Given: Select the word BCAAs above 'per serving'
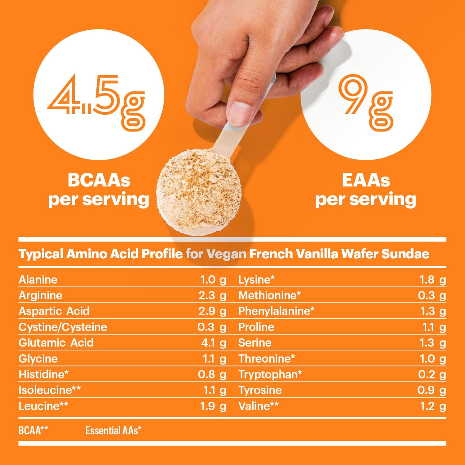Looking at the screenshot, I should [x=99, y=180].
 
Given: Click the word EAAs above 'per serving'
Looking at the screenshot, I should [x=366, y=180].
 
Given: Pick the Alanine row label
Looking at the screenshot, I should [x=38, y=280].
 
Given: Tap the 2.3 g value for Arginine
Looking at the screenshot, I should [x=212, y=295].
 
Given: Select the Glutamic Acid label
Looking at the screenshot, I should [x=56, y=343].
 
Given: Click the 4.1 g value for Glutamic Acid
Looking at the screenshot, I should [x=214, y=343].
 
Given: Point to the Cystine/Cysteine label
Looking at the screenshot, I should [x=63, y=327].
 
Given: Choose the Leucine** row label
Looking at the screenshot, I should [x=43, y=406].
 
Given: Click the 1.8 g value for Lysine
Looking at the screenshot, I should [x=432, y=280].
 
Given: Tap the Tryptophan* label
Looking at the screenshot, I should [x=270, y=374].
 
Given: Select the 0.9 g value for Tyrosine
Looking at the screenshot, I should [x=432, y=390].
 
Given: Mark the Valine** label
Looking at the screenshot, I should [x=259, y=406].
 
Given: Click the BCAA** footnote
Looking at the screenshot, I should [x=33, y=430].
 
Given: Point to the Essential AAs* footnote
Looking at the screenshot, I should [x=113, y=430].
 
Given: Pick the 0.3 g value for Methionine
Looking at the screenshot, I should [x=432, y=295].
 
